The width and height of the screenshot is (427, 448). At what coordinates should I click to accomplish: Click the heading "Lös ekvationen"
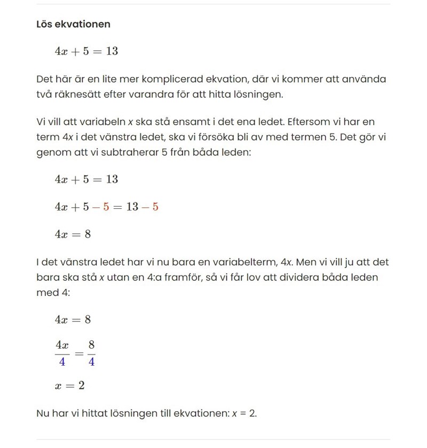tap(73, 24)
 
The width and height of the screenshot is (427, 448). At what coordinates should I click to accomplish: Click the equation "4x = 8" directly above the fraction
tap(73, 319)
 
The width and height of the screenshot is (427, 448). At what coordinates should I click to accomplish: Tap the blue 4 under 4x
tap(62, 361)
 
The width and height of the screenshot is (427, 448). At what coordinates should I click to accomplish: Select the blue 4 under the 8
tap(91, 361)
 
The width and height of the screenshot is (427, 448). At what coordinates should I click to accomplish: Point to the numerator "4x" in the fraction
tap(62, 346)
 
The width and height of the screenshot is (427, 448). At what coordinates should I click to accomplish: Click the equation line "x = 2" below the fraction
tap(69, 385)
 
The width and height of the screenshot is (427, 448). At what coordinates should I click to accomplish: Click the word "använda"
tap(365, 79)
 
